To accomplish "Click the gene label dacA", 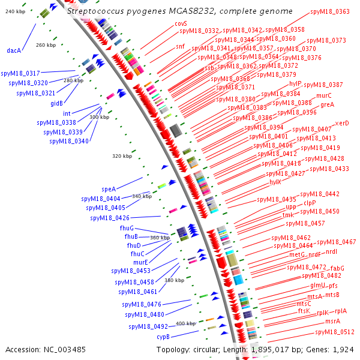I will [14, 51].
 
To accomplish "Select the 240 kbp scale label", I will [14, 11].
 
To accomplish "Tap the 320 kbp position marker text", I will [122, 156].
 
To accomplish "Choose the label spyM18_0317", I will [20, 73].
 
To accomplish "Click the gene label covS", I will [181, 23].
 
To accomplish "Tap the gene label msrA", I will [332, 321].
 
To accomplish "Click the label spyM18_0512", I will [335, 332].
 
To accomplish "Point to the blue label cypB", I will [164, 337].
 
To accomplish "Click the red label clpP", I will [310, 203].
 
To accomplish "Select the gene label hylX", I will [275, 182].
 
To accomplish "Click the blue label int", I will [67, 113].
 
